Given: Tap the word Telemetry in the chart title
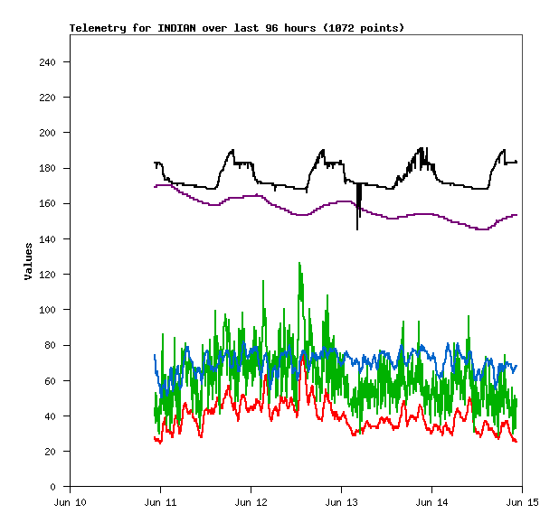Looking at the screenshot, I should click(x=97, y=28).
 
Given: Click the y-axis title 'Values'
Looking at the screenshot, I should click(x=28, y=260).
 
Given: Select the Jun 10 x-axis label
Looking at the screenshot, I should click(x=71, y=502).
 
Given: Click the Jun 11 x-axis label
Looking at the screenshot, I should click(x=160, y=502).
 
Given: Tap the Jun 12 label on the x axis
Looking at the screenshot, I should click(x=251, y=502).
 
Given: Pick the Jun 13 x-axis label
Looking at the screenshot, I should click(x=341, y=502).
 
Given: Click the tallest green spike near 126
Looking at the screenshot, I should click(x=298, y=264).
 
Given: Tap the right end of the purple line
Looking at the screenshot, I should click(x=516, y=215).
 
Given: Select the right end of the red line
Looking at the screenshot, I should click(x=516, y=442).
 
